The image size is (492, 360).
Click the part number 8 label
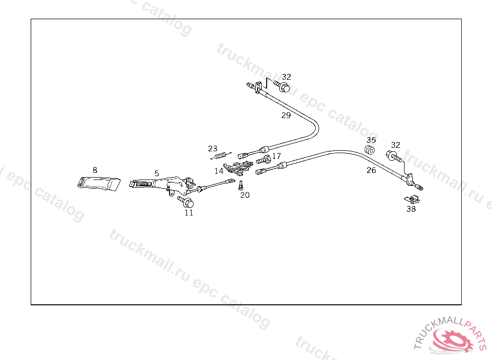click(95, 170)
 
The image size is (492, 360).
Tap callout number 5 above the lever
click(157, 173)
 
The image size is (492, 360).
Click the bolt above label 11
click(186, 202)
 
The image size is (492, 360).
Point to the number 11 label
click(189, 213)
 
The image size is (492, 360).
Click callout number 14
click(219, 170)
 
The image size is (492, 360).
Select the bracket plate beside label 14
click(238, 168)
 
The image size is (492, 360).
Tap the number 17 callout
click(276, 156)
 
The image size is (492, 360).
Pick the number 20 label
click(245, 195)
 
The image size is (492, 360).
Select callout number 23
click(213, 148)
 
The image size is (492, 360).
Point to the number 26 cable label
click(371, 170)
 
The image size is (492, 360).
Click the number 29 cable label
click(286, 115)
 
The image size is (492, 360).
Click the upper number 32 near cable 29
click(286, 77)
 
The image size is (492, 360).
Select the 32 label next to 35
click(395, 145)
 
